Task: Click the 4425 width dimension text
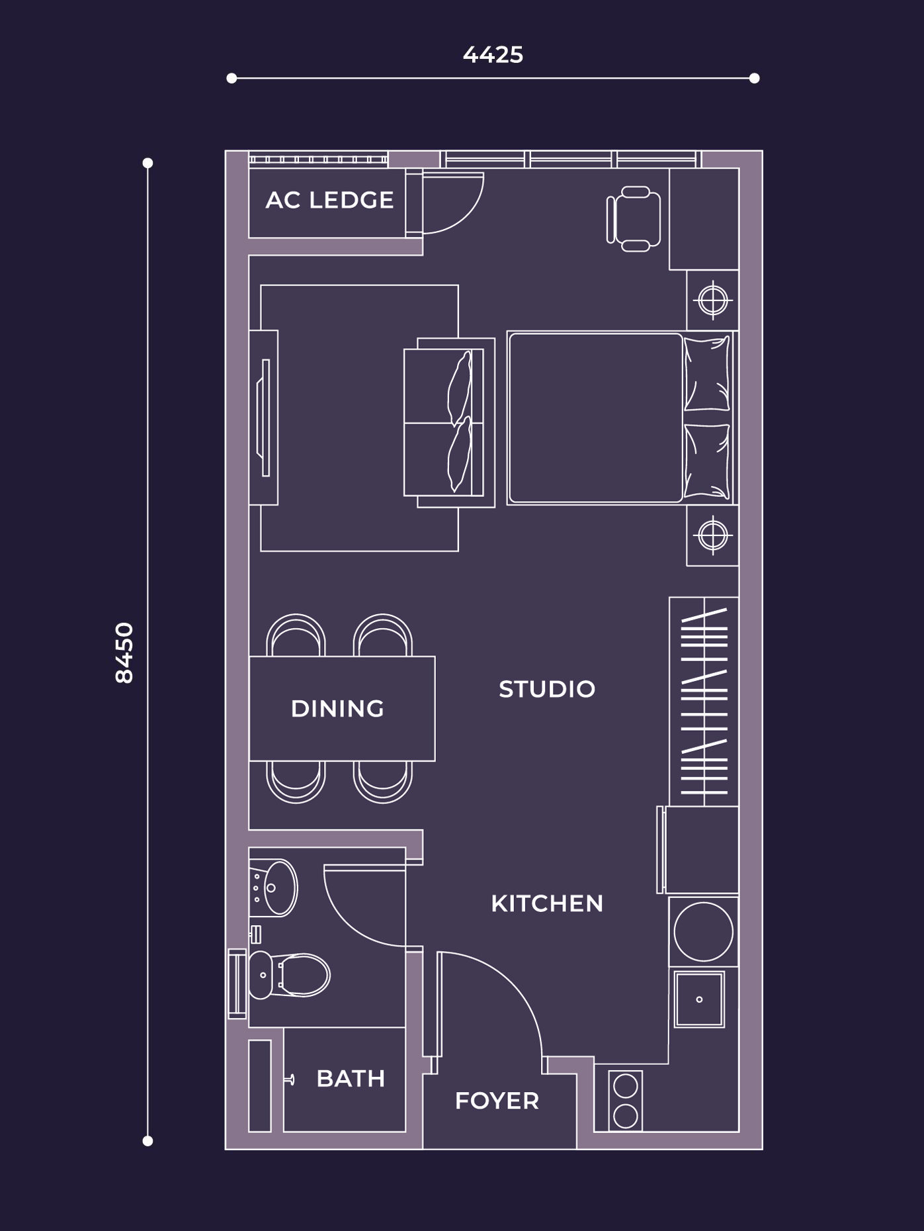click(493, 55)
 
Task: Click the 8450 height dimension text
click(124, 652)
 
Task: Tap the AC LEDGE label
click(329, 200)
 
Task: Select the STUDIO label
click(547, 689)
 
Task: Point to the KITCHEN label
click(547, 903)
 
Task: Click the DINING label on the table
click(337, 709)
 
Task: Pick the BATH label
click(351, 1079)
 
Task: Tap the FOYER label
click(497, 1101)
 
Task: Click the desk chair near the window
click(634, 219)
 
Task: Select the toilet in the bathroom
click(291, 975)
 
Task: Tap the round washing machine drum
click(703, 931)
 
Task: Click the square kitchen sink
click(699, 999)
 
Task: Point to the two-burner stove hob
click(625, 1101)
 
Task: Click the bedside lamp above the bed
click(712, 300)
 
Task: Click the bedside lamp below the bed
click(712, 535)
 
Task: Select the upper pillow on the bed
click(707, 374)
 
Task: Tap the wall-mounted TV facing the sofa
click(265, 418)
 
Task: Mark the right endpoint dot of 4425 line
click(754, 78)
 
